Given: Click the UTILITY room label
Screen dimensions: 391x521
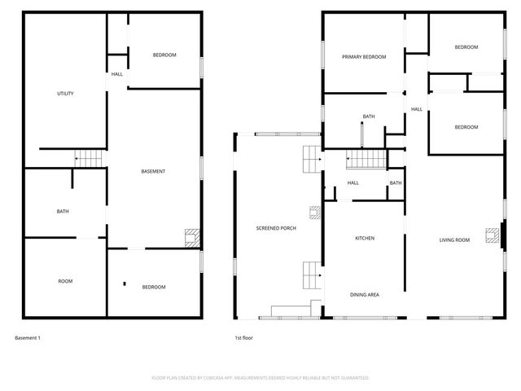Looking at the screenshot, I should pyautogui.click(x=65, y=94).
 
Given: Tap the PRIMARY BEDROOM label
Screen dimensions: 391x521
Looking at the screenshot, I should pyautogui.click(x=363, y=57).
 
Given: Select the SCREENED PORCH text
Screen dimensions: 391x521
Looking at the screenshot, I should pyautogui.click(x=276, y=228).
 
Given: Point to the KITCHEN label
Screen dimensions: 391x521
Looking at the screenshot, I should pyautogui.click(x=364, y=238).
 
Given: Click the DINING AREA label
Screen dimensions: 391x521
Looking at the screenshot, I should pyautogui.click(x=364, y=294).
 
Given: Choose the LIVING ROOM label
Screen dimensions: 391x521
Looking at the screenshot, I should pyautogui.click(x=454, y=239).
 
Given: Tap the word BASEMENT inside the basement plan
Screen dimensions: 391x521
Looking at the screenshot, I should pyautogui.click(x=153, y=171).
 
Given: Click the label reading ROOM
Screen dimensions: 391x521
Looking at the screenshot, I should pyautogui.click(x=65, y=281).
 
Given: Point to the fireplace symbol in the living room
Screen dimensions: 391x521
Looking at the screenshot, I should pyautogui.click(x=491, y=235).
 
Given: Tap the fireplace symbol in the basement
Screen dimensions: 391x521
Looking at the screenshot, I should pyautogui.click(x=191, y=237).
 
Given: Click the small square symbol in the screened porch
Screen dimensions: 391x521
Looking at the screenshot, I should pyautogui.click(x=313, y=213).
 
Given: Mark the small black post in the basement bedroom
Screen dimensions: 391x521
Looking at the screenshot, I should pyautogui.click(x=125, y=284).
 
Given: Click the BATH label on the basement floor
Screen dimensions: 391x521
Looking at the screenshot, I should pyautogui.click(x=63, y=212).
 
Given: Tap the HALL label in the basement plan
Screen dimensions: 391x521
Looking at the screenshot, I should pyautogui.click(x=117, y=74).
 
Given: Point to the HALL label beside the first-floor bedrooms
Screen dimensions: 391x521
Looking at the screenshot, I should pyautogui.click(x=416, y=109).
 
